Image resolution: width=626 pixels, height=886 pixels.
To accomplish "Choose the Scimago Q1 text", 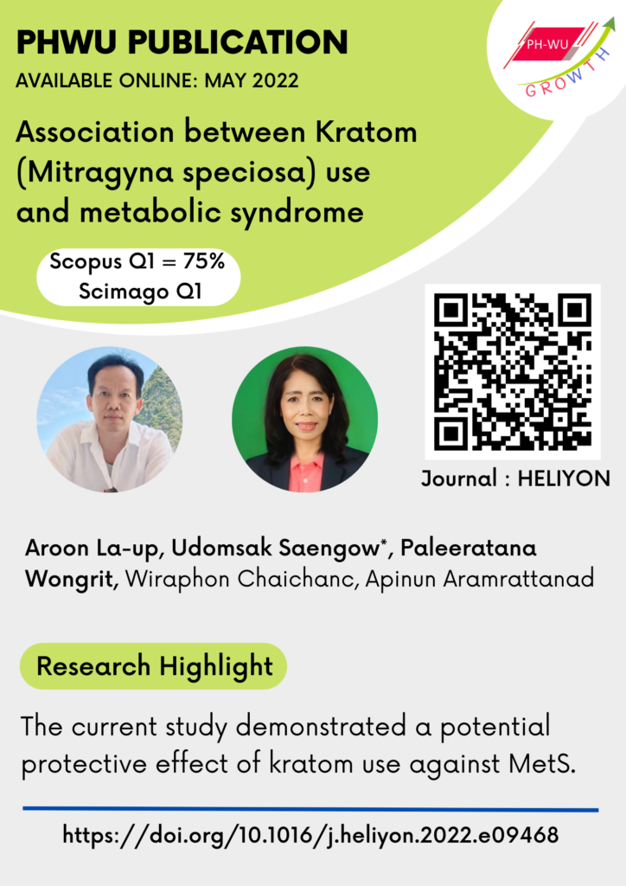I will (x=140, y=292).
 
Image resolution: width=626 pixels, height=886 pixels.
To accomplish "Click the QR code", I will (x=513, y=371).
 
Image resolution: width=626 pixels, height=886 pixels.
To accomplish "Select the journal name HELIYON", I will (x=564, y=478).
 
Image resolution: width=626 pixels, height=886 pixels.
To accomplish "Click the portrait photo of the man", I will (x=109, y=420).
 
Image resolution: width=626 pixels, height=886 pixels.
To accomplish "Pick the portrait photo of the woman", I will (x=304, y=420).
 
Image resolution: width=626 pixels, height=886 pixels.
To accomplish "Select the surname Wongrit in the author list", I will (x=71, y=579).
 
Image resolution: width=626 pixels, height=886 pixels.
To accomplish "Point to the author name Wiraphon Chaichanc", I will (x=240, y=579).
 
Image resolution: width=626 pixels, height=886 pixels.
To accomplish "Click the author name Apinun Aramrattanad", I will (x=480, y=579).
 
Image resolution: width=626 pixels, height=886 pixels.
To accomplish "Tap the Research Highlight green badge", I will (x=153, y=666).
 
